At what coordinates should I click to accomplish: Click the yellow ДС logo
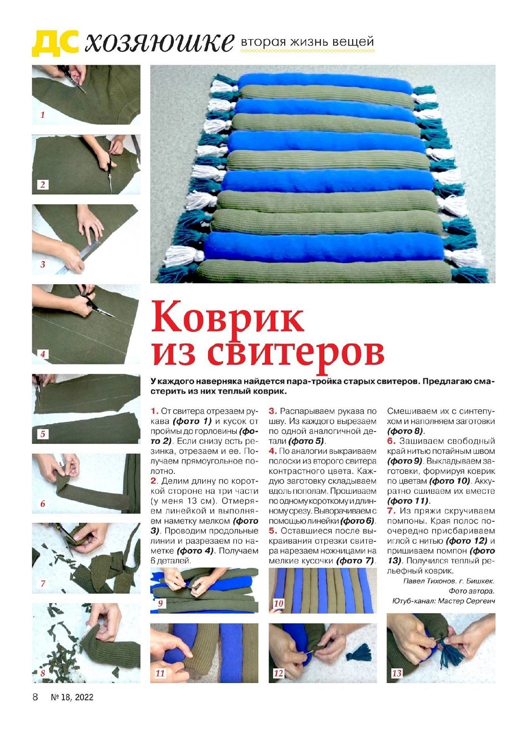pos(55,42)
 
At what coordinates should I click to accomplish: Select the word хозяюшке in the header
pos(160,42)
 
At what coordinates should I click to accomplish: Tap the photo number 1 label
pos(42,115)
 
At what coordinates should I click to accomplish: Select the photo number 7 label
pos(43,583)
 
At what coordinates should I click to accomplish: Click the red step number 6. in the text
pos(392,441)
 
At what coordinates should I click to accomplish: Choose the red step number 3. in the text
pos(273,411)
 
